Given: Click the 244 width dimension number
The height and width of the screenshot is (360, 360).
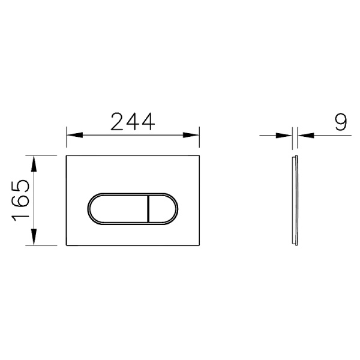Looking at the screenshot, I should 133,122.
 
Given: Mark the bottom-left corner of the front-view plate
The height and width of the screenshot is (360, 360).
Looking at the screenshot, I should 66,244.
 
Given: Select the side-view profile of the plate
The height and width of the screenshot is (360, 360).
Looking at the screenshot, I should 293,200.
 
